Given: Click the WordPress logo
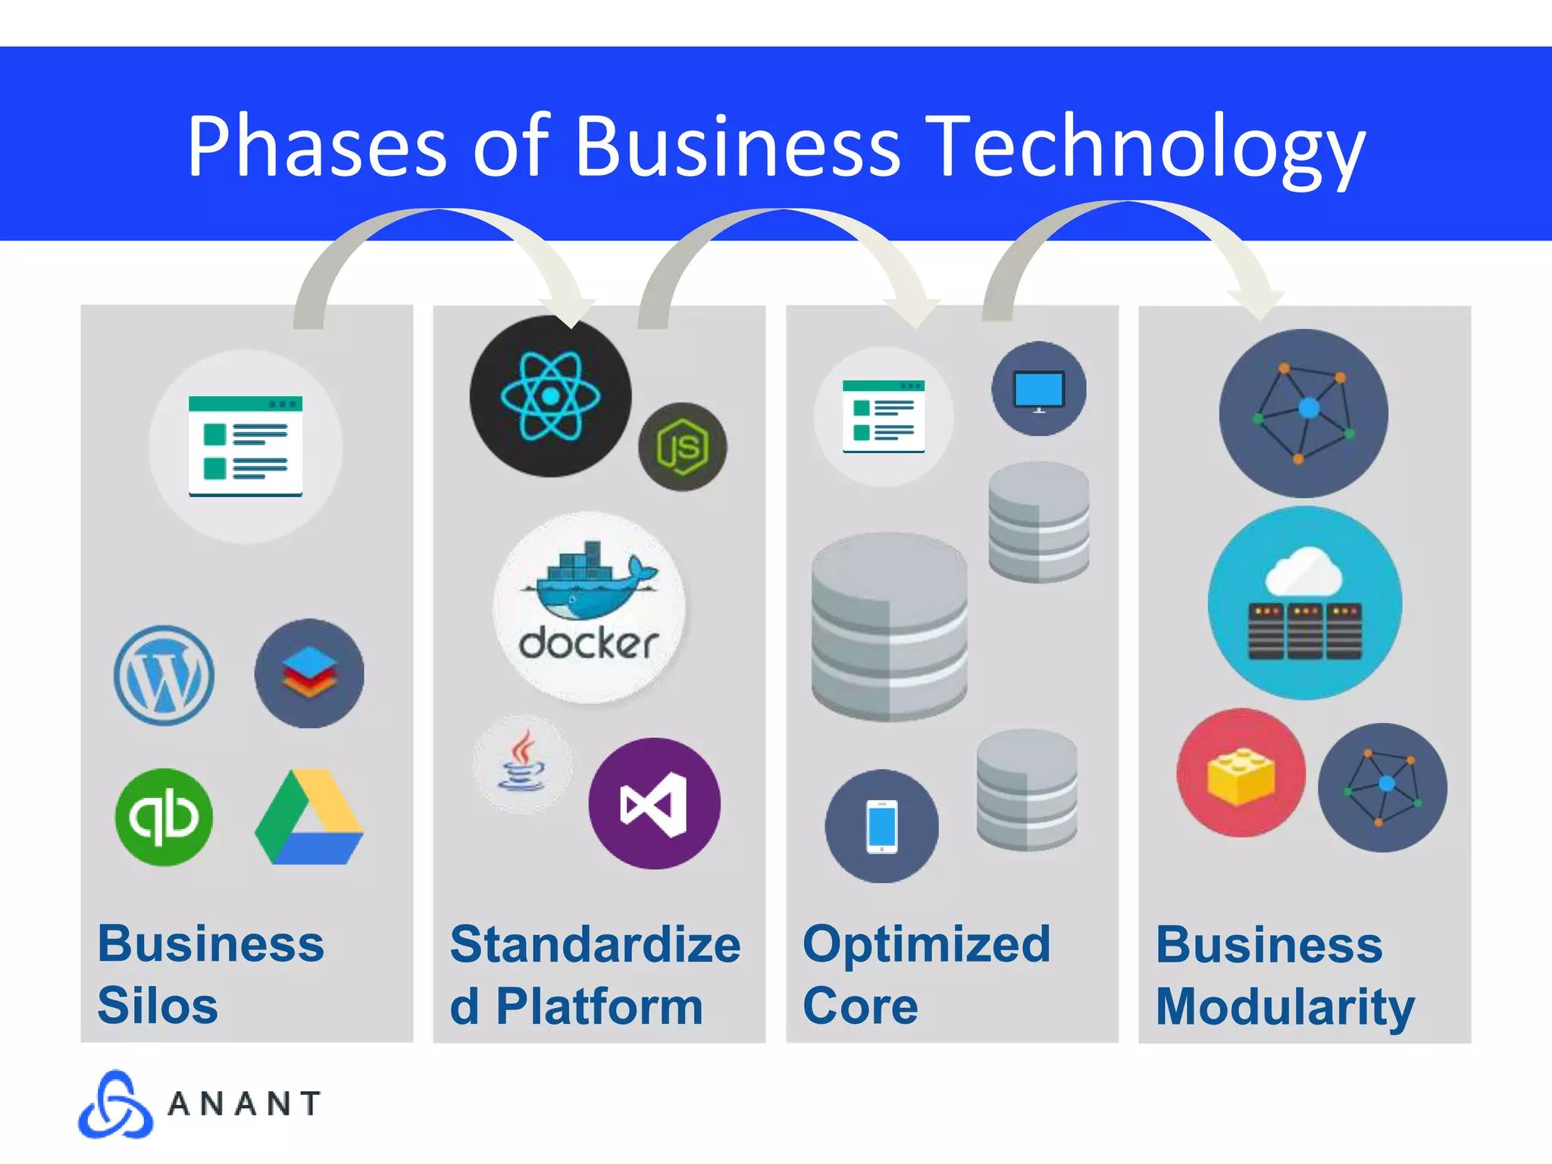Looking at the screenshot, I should [164, 675].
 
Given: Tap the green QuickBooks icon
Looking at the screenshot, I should [164, 817].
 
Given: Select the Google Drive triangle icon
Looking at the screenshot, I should [309, 818].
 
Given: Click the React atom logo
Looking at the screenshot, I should [550, 396].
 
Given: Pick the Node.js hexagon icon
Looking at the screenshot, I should [682, 447].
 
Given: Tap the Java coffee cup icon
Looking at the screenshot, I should [522, 764].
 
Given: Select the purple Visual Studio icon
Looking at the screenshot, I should [654, 803].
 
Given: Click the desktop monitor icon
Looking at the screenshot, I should [1039, 390].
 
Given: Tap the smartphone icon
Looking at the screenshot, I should [881, 826].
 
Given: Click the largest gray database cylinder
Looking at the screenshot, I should [889, 627].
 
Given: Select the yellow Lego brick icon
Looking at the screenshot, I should [1241, 774].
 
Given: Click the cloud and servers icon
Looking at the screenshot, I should [1304, 603].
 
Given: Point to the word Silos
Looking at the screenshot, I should [158, 1006].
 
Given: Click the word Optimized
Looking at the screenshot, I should [926, 944].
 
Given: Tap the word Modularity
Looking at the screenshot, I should [1285, 1006].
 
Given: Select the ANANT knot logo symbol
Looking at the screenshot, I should [115, 1105].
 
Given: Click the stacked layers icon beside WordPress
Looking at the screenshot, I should [309, 674].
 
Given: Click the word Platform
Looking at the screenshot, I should [599, 1006].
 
